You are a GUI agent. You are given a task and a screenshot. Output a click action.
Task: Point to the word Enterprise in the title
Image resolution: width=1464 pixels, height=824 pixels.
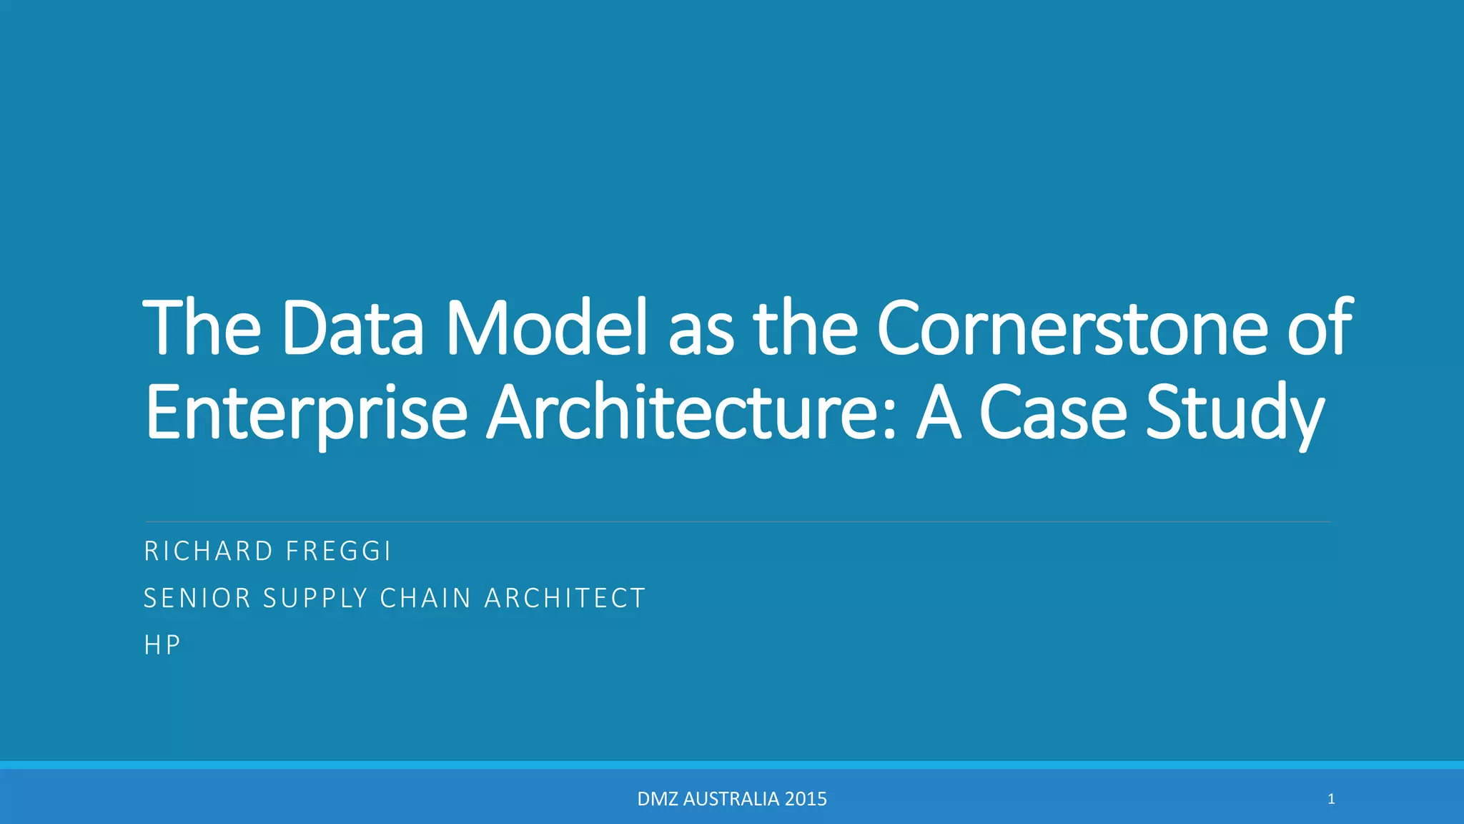pos(306,413)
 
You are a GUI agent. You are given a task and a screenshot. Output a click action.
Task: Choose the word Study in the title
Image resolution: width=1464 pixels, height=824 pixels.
pos(1235,413)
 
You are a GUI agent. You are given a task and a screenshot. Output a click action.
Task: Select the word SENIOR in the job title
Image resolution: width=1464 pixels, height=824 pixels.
pos(197,598)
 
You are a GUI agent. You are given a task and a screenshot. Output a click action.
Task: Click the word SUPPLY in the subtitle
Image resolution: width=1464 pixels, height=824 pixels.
pos(315,598)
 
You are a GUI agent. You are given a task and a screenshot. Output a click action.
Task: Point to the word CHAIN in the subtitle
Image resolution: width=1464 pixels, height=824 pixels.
pos(426,598)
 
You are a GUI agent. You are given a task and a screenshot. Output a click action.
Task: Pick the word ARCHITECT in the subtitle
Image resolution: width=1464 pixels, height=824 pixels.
pos(565,598)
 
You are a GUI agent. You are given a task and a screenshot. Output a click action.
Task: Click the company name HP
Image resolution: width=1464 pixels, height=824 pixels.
pos(162,645)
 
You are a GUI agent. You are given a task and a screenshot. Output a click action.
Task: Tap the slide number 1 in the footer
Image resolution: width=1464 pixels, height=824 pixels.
pos(1331,799)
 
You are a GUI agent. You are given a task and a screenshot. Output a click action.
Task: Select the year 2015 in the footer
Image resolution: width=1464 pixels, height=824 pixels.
pos(806,799)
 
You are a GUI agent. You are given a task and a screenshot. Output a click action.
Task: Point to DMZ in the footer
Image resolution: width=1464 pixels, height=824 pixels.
pos(658,799)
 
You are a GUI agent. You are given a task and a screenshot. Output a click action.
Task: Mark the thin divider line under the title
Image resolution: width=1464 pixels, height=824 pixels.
pos(736,522)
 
